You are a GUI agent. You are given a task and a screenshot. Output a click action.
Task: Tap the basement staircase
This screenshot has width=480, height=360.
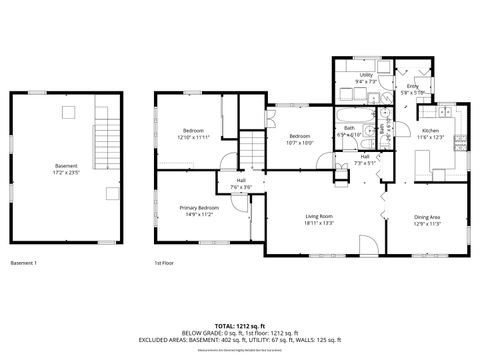tap(105, 146)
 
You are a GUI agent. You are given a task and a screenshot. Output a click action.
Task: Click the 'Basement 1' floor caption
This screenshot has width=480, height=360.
tap(23, 263)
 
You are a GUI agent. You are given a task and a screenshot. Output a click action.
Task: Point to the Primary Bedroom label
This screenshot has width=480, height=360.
tap(199, 211)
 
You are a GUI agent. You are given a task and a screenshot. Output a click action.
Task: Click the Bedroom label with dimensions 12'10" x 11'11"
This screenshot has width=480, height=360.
tap(195, 134)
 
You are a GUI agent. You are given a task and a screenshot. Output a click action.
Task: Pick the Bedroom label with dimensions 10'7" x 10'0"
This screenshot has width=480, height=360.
tap(301, 139)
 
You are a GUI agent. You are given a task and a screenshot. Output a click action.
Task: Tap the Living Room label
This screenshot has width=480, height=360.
tap(319, 220)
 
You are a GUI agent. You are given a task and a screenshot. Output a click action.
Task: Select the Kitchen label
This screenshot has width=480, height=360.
tap(431, 134)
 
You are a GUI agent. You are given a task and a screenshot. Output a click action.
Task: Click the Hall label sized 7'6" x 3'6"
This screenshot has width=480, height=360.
tap(241, 184)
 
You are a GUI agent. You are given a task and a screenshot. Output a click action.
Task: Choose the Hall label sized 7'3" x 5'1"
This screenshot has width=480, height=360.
tap(366, 160)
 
